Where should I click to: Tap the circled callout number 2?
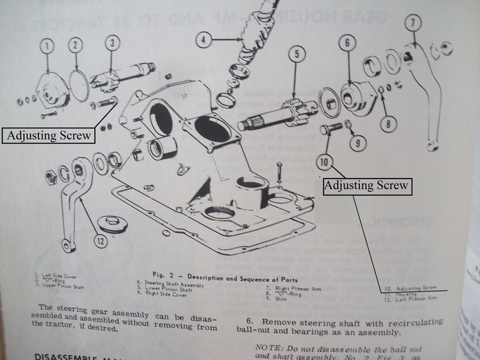pos(75,46)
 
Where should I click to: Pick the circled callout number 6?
pos(345,43)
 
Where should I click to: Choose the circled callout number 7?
pos(413,23)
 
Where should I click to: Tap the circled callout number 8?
pos(389,126)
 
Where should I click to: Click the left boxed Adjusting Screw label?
pos(48,135)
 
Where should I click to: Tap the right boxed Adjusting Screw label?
pos(367,186)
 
